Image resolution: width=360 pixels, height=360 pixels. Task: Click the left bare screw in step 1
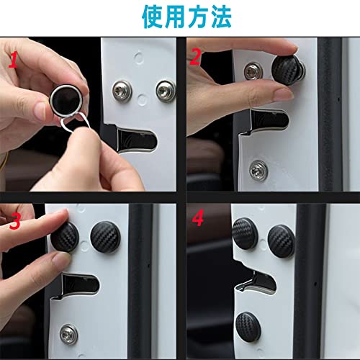[x=121, y=92]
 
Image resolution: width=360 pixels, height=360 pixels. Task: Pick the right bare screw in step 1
[x=166, y=91]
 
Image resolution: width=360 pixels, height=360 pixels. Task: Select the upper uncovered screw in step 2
[x=253, y=71]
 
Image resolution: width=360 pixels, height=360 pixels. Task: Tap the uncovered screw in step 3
[x=68, y=333]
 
